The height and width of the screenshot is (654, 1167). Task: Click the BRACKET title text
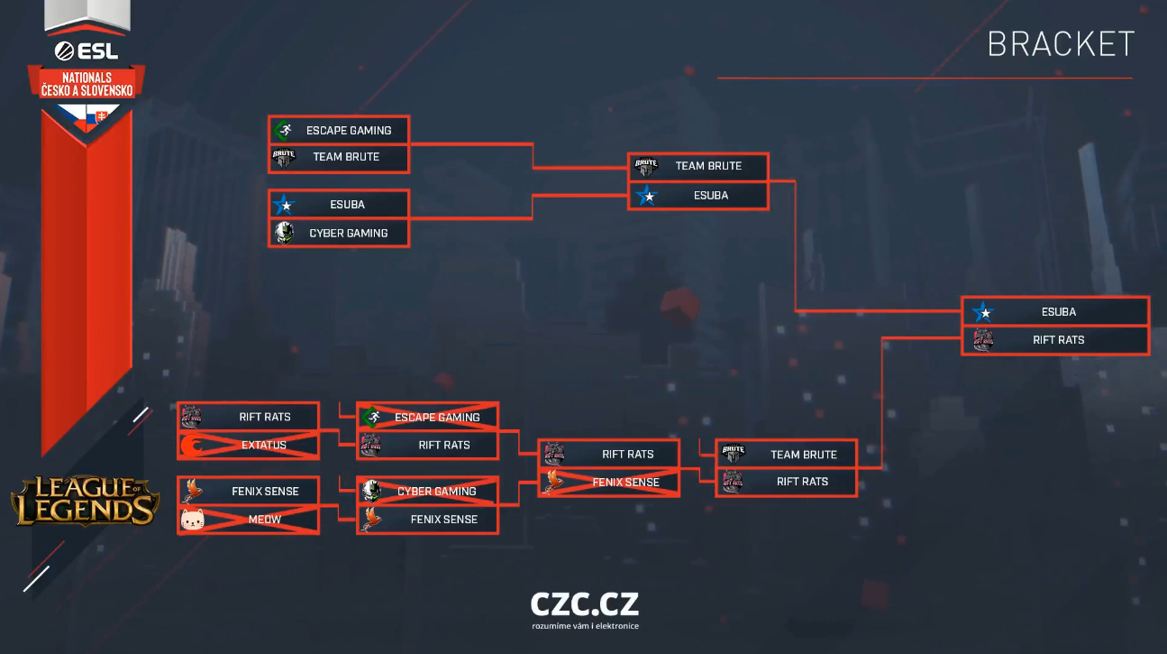click(x=1061, y=44)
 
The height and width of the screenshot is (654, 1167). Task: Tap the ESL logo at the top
click(x=87, y=51)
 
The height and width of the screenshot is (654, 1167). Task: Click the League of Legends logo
click(x=85, y=501)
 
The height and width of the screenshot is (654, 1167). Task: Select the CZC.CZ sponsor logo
click(x=585, y=604)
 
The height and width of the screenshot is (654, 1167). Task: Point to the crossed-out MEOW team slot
click(x=248, y=520)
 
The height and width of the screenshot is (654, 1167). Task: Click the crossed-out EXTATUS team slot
click(x=248, y=445)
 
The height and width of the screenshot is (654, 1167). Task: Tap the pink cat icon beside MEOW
click(x=192, y=520)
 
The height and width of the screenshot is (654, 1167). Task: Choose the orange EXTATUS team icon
click(x=192, y=446)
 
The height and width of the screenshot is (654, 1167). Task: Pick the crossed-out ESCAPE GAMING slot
click(x=427, y=418)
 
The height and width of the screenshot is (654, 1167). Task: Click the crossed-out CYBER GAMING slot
click(x=427, y=492)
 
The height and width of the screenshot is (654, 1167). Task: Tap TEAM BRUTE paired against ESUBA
click(x=698, y=166)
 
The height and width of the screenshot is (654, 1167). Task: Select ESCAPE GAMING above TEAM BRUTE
click(x=339, y=131)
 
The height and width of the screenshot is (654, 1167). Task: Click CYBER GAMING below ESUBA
click(x=339, y=233)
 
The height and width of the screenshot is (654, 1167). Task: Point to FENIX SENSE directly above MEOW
click(x=248, y=492)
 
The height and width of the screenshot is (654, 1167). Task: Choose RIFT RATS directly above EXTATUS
click(x=248, y=417)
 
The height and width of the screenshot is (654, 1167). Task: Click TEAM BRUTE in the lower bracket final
click(x=786, y=455)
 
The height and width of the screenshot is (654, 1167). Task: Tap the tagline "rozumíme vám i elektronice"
click(x=585, y=626)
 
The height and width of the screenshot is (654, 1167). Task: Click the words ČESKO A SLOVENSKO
click(x=87, y=91)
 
